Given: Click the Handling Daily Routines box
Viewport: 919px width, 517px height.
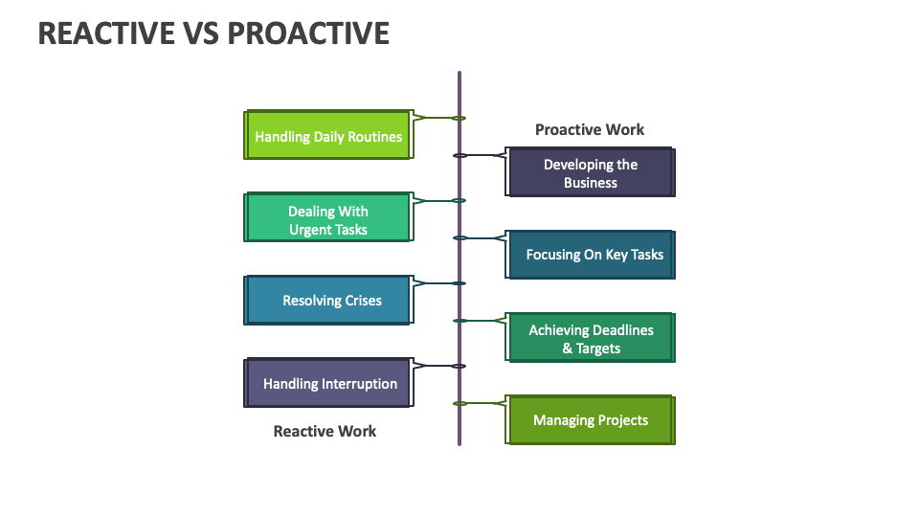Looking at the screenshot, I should [x=327, y=136].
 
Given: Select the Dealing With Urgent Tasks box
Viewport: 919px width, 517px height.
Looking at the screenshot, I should [x=327, y=219].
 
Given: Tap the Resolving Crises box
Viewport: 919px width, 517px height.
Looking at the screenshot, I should [x=327, y=301].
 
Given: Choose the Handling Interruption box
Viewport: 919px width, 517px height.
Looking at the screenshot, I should [x=327, y=383].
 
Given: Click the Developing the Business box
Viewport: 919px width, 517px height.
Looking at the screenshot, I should [x=591, y=173].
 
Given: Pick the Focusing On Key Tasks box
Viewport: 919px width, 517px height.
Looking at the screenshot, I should [x=591, y=255].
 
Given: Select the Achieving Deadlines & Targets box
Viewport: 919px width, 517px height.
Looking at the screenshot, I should [x=591, y=339].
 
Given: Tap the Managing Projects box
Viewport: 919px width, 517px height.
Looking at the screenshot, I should [x=591, y=420].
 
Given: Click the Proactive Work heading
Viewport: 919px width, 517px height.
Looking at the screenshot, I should [x=590, y=129].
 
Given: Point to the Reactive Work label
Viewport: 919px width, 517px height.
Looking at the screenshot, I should [x=325, y=431].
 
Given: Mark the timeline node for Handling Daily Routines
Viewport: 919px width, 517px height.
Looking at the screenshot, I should [x=459, y=118].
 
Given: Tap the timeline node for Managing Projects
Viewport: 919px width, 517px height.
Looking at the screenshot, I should [x=459, y=403].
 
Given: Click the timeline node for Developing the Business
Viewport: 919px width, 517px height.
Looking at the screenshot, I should [x=459, y=155].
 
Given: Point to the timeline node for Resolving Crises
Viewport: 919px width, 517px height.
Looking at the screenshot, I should [x=459, y=283].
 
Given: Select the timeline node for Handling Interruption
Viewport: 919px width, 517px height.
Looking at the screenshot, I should [x=459, y=366].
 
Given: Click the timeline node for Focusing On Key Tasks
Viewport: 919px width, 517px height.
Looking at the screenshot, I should [x=459, y=237].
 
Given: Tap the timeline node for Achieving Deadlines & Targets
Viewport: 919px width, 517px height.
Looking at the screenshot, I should [x=459, y=321].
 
